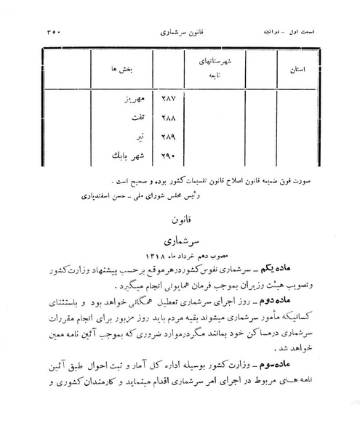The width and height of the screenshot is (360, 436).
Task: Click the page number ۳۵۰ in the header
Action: pyautogui.click(x=42, y=33)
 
